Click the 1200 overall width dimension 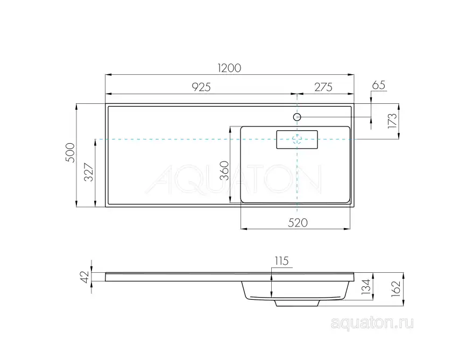pos(229,68)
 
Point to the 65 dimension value pos(379,85)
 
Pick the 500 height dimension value pos(70,155)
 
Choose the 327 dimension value pos(90,172)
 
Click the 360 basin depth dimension pos(225,170)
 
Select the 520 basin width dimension pos(296,223)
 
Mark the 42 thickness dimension pos(84,276)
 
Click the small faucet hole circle pos(297,117)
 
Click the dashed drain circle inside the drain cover pos(297,139)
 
